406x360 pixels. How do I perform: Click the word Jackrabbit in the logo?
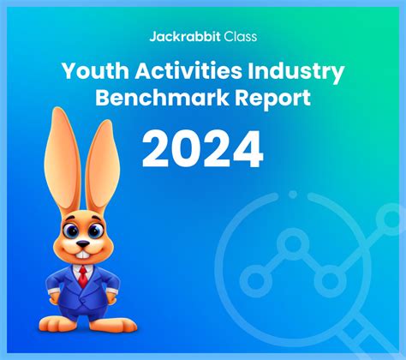(186, 36)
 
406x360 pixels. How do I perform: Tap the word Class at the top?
(240, 36)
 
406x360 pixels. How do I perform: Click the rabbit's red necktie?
(82, 276)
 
